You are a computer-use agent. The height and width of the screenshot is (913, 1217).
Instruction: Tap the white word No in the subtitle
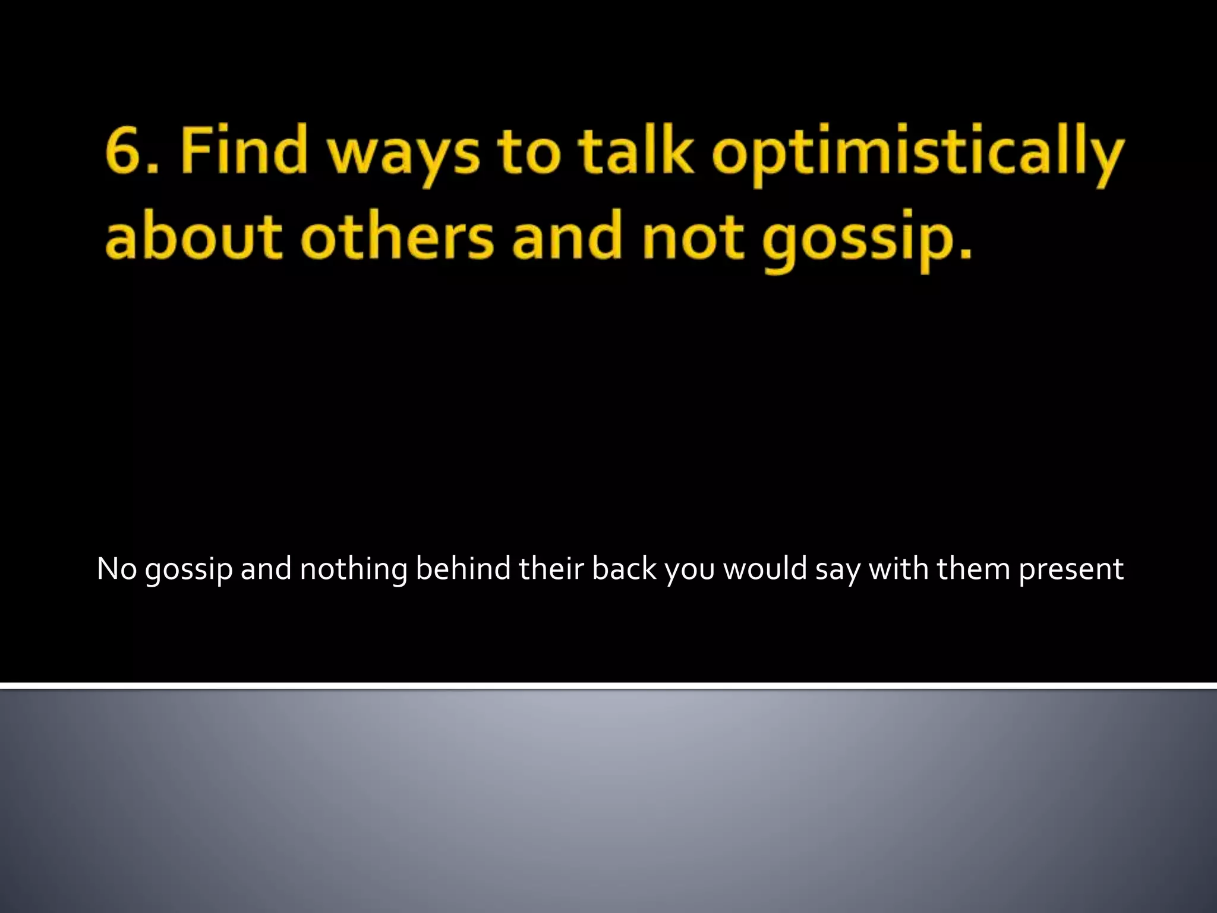[117, 569]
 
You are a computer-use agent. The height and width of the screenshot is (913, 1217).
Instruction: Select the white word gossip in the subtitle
[188, 571]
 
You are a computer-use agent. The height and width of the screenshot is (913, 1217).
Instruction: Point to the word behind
[463, 569]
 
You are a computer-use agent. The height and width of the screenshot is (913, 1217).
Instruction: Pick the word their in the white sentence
[551, 569]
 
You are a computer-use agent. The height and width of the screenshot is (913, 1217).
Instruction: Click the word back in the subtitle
[624, 569]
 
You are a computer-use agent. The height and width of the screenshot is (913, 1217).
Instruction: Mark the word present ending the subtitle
[1071, 571]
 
